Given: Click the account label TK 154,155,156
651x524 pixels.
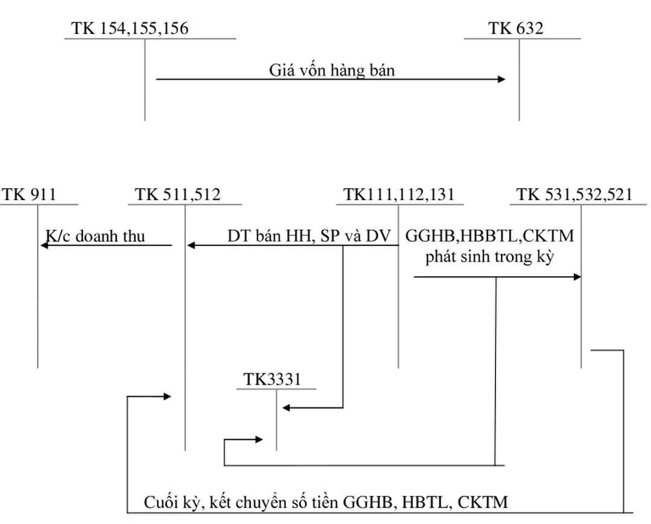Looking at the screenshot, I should point(130,28).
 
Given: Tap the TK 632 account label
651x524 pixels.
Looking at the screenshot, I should point(516,28).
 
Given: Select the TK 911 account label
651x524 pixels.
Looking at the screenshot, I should point(28,194).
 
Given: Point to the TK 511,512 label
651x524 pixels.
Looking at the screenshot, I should point(178,194).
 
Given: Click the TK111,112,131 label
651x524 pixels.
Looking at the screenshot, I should point(399,194).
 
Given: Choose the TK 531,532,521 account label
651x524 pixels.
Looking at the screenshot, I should point(574,194).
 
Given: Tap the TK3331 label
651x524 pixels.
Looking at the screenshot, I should point(272,379).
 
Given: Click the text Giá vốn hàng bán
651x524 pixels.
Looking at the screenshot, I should point(332,71).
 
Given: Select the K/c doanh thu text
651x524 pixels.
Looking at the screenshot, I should point(95,236).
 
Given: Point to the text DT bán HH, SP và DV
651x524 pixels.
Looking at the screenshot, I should point(309,236).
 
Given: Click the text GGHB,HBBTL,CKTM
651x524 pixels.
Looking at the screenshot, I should point(489,236).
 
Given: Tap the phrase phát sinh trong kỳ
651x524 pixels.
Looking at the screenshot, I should point(490,256).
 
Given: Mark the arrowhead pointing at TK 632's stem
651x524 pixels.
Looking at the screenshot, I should point(501,79).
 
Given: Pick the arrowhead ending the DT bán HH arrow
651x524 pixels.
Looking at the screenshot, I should point(191,245).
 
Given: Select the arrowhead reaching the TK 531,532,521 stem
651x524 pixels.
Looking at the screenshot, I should point(577,277).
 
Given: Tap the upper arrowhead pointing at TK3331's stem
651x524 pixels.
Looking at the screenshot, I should point(286,408).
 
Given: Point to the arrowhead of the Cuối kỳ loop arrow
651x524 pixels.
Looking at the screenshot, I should point(168,396).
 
